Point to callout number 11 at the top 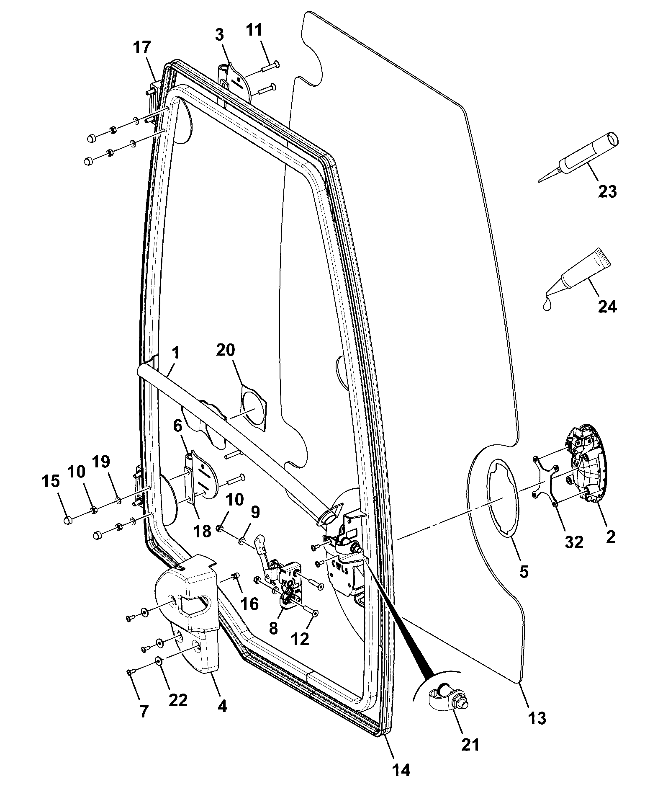point(254,30)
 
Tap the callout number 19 point(100,462)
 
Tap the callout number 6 point(177,426)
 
